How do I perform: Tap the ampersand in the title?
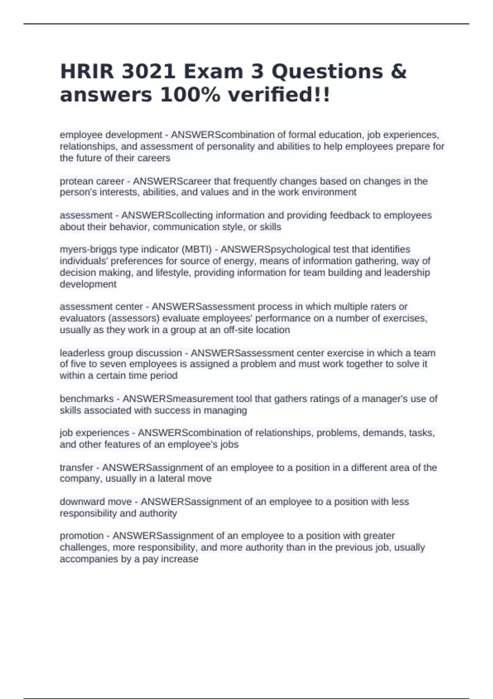[x=399, y=72]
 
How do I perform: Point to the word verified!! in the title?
[x=279, y=95]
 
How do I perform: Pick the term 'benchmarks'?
[x=87, y=399]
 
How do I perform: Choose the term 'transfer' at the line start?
[x=76, y=468]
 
